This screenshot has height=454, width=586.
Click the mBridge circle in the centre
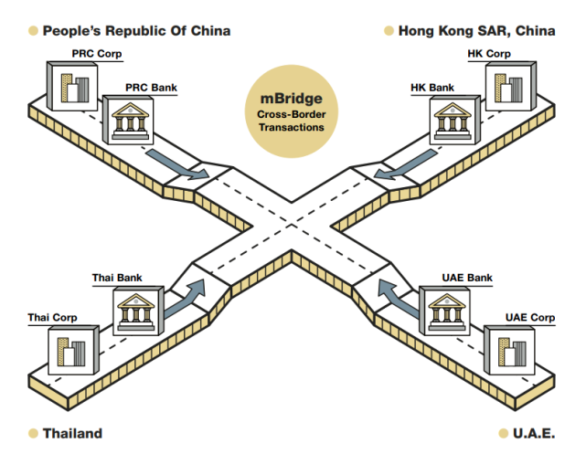[291, 109]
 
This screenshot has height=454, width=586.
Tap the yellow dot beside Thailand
[34, 433]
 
